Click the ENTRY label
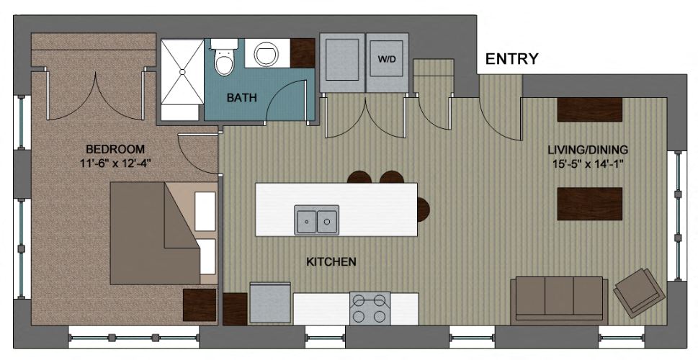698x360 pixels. tap(511, 59)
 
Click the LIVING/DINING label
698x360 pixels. tap(588, 150)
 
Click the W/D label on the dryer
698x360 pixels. tap(387, 59)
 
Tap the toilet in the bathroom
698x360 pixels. tap(225, 58)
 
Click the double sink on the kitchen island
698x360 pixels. tap(317, 219)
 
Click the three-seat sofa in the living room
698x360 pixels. tap(556, 297)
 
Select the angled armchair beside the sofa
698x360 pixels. tap(640, 291)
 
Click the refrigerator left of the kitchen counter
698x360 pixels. tap(270, 303)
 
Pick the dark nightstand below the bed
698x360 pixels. tap(199, 305)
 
